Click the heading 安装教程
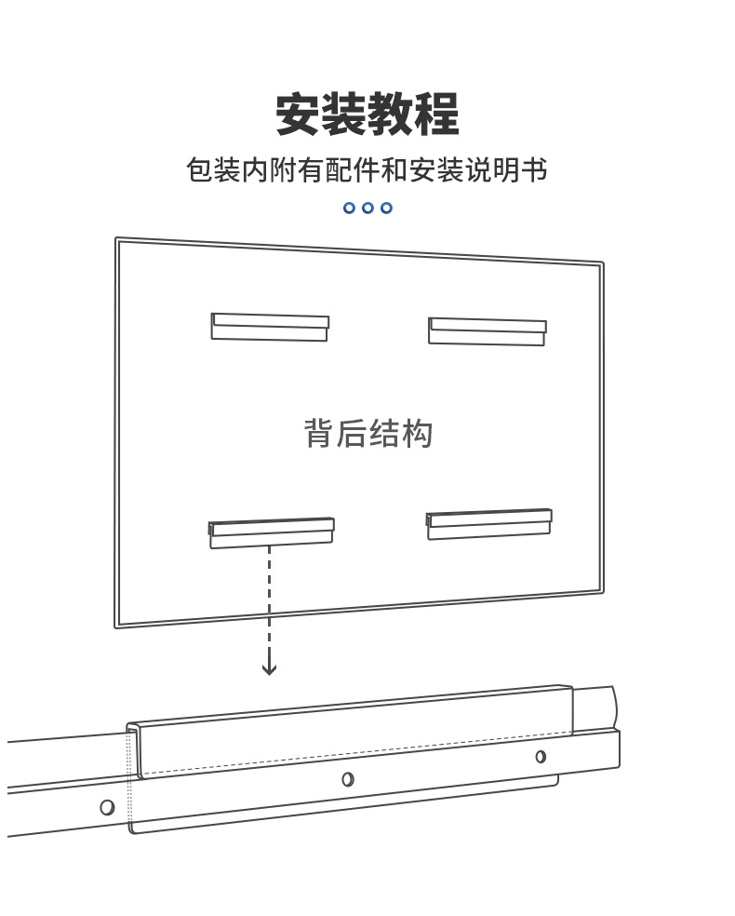367,114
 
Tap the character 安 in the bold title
298,114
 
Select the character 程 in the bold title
437,114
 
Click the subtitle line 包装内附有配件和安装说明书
367,170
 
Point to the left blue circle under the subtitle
349,208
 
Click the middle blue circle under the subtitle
367,208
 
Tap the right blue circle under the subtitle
386,208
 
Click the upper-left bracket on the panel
270,327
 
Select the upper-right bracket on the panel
488,331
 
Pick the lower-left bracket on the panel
272,532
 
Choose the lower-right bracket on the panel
489,524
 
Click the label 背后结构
367,434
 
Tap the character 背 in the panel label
319,434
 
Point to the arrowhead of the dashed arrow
269,669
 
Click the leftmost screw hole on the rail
107,807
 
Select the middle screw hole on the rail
348,779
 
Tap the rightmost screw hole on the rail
541,757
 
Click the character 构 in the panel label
417,434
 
